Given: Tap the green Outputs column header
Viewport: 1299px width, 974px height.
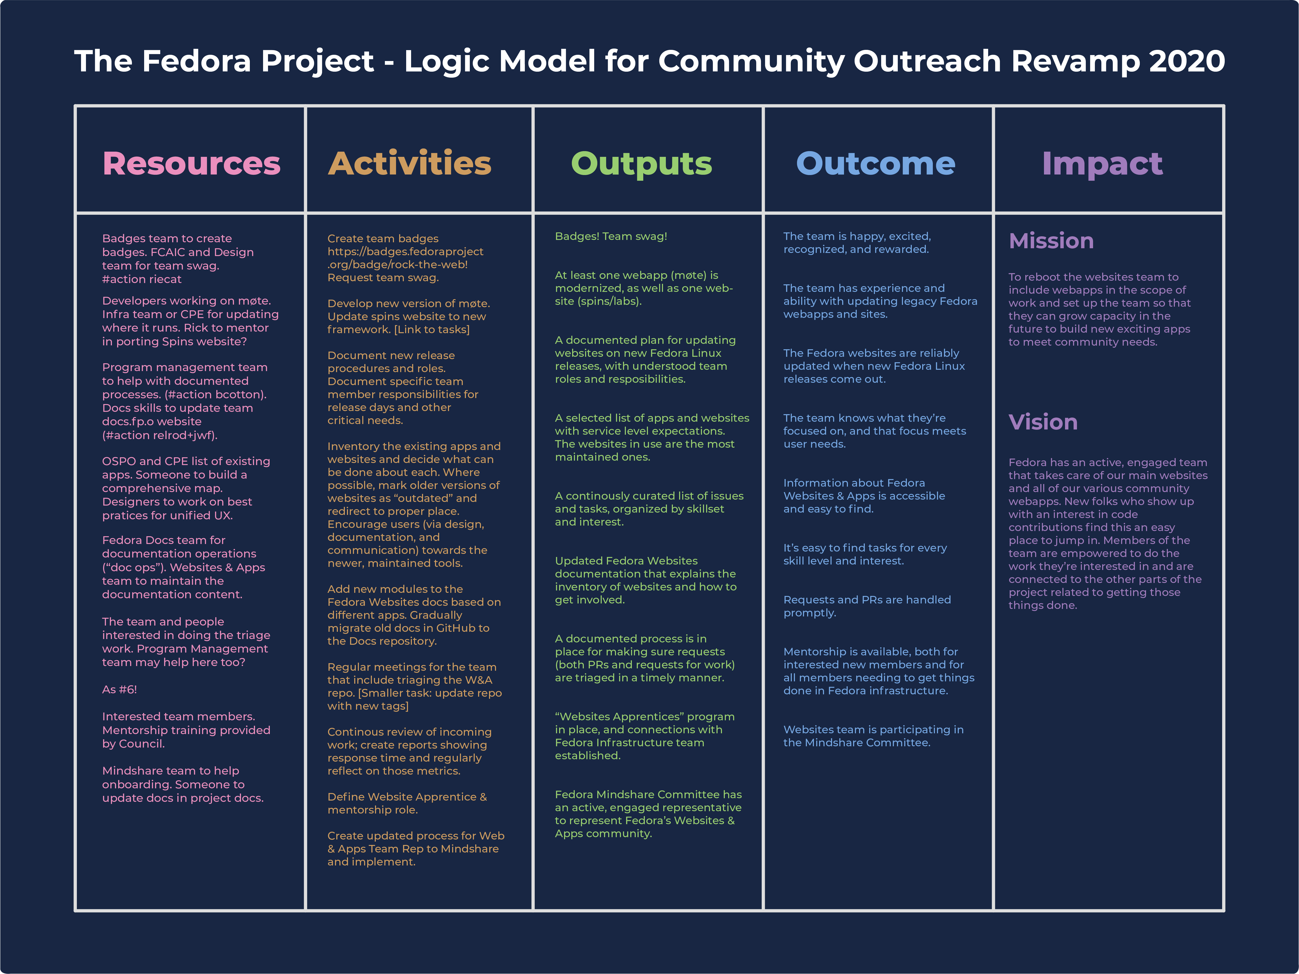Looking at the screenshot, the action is (641, 164).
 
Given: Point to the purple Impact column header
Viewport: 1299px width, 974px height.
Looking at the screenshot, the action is (1102, 164).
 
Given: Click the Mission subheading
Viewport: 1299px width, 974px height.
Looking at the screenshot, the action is (1051, 241).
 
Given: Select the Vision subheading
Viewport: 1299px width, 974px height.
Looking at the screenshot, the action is (1043, 422).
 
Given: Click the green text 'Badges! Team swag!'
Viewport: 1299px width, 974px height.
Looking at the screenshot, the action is (611, 237).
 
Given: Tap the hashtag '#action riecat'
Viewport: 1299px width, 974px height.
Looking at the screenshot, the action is (142, 279).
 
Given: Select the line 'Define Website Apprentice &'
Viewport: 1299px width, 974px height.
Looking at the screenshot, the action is (407, 797).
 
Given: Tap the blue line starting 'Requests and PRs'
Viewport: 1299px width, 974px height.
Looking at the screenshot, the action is (867, 600).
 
